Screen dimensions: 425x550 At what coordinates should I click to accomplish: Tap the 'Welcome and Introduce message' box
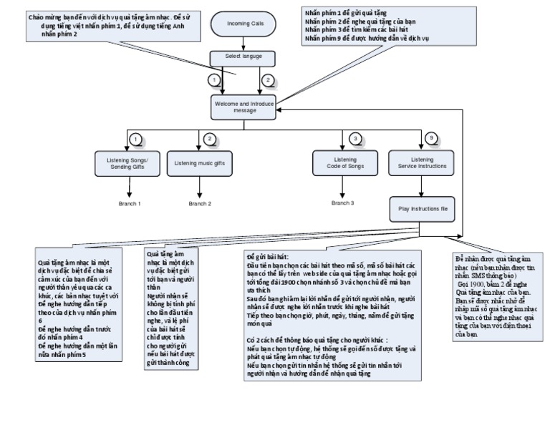pyautogui.click(x=244, y=106)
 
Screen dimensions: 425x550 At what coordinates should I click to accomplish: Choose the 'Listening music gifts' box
pyautogui.click(x=200, y=163)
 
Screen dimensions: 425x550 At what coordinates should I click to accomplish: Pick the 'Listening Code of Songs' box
pyautogui.click(x=346, y=163)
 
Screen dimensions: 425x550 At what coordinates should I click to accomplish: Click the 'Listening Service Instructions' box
pyautogui.click(x=422, y=163)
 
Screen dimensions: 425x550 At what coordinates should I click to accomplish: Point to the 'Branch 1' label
pyautogui.click(x=130, y=204)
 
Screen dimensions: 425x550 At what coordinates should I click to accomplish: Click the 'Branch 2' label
pyautogui.click(x=200, y=204)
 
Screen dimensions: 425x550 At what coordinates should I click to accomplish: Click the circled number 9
pyautogui.click(x=430, y=138)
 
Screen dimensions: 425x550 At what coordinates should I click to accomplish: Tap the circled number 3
pyautogui.click(x=354, y=138)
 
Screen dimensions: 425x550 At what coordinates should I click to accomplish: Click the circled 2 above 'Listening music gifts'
pyautogui.click(x=209, y=138)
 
